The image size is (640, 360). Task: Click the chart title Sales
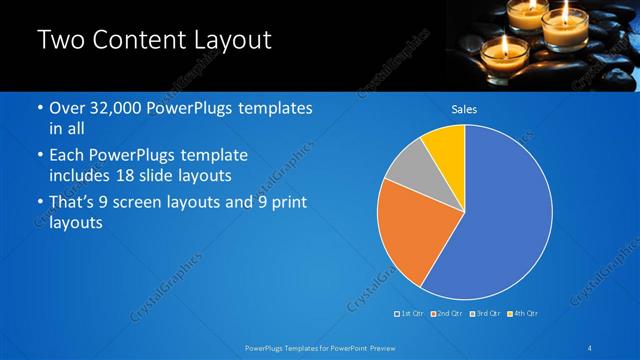click(464, 109)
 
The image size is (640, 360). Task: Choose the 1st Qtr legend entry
click(412, 313)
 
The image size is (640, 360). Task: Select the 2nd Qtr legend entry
click(448, 313)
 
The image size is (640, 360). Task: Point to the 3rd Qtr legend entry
click(485, 313)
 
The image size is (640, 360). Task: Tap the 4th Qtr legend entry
click(523, 313)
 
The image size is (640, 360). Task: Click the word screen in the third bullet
click(159, 203)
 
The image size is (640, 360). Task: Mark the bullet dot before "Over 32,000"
click(39, 109)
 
